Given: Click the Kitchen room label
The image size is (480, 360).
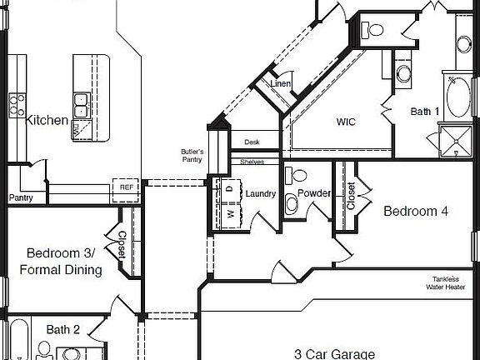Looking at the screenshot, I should pyautogui.click(x=47, y=121).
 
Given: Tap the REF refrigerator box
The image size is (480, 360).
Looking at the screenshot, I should pyautogui.click(x=127, y=188).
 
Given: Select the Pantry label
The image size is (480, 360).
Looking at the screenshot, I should pyautogui.click(x=21, y=198).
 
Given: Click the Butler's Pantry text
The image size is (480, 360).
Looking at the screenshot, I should pyautogui.click(x=192, y=156).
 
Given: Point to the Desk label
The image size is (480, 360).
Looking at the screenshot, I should pyautogui.click(x=252, y=142).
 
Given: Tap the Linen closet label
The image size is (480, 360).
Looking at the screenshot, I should pyautogui.click(x=280, y=85).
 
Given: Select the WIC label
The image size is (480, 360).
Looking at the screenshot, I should pyautogui.click(x=346, y=122).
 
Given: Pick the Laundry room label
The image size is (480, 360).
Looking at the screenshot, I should pyautogui.click(x=260, y=194).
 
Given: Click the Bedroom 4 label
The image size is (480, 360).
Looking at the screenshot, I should pyautogui.click(x=415, y=212).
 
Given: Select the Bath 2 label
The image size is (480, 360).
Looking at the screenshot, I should pyautogui.click(x=62, y=330).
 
